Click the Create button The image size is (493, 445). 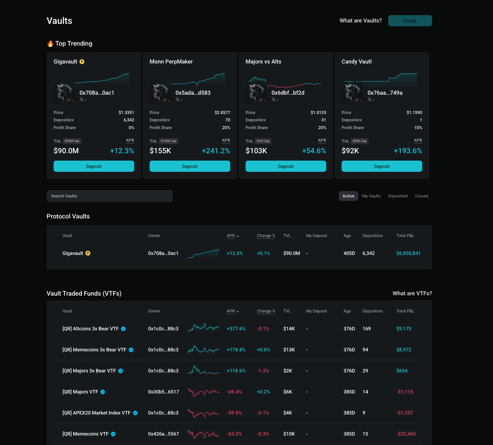point(410,21)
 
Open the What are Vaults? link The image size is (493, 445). point(361,21)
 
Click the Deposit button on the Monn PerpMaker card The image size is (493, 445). point(190,166)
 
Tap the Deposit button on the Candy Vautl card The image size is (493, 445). point(382,166)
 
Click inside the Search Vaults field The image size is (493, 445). point(109,196)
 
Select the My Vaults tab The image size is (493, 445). point(371,196)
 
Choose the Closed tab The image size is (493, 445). point(422,196)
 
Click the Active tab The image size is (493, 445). point(348,196)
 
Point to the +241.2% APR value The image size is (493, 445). point(216,151)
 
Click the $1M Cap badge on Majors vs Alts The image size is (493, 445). point(263,141)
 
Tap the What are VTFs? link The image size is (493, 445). point(412,294)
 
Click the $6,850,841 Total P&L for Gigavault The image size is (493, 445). point(408,253)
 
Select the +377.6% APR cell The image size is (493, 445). point(236,329)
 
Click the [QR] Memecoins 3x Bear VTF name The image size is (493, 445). point(94,350)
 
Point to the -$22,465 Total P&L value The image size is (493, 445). point(406,434)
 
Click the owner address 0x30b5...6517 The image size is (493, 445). point(164,392)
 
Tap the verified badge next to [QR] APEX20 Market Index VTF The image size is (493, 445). point(135,413)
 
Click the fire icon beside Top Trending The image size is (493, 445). point(50,43)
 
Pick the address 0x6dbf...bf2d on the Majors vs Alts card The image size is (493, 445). point(288,93)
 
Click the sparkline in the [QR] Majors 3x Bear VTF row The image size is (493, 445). point(203,371)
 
